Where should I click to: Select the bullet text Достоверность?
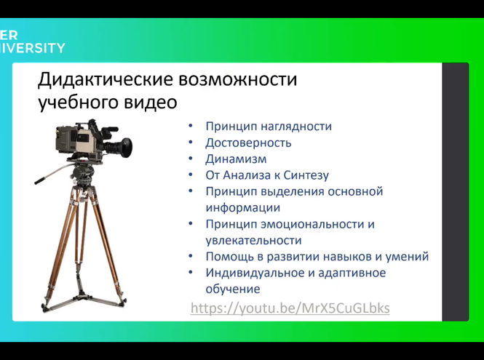(x=248, y=143)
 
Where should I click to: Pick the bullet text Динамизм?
(x=236, y=159)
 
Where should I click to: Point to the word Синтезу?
(x=306, y=175)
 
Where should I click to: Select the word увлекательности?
(x=253, y=240)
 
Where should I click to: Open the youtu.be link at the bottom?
(x=290, y=308)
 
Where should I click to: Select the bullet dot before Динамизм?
(x=190, y=159)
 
